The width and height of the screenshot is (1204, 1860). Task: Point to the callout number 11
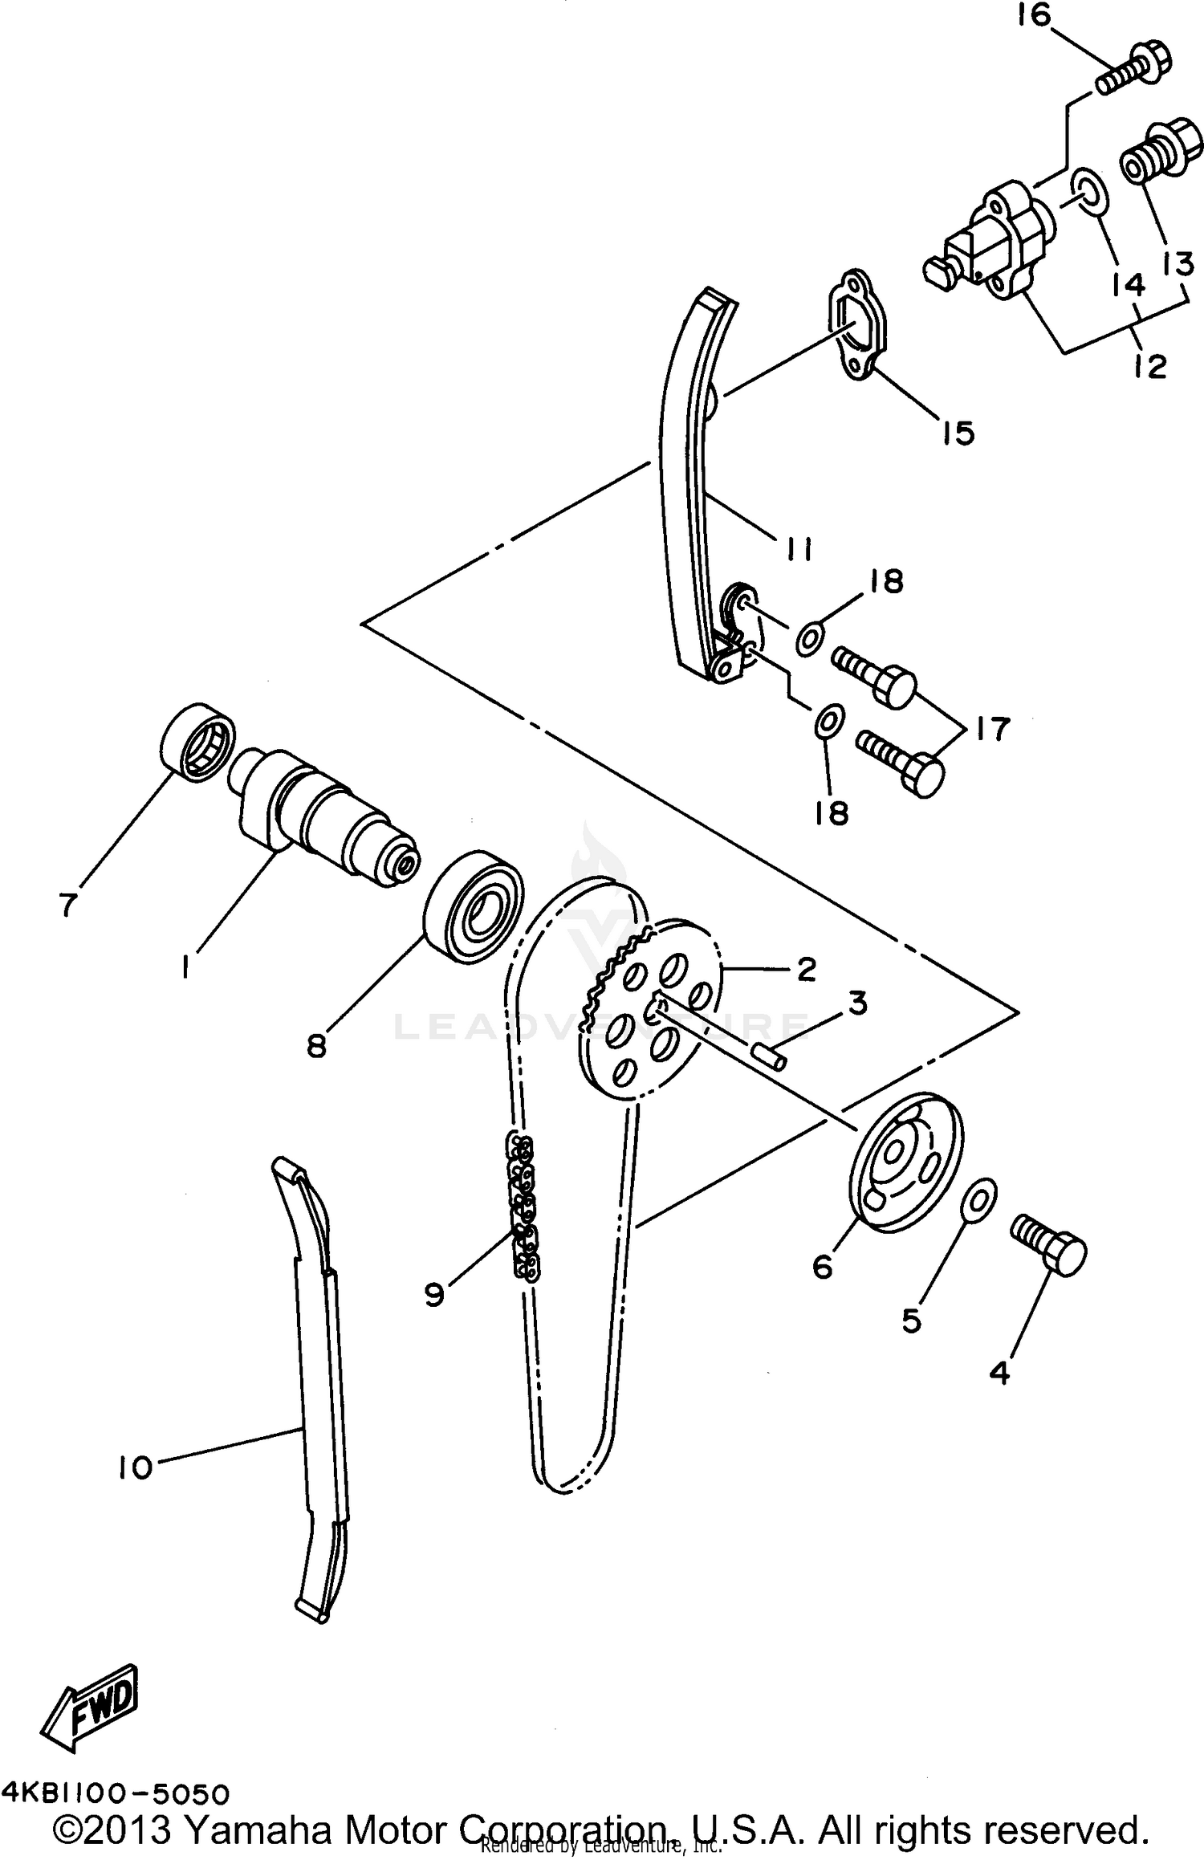point(797,549)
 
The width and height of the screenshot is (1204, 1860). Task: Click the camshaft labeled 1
point(325,812)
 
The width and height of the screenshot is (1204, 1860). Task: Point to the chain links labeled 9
point(523,1203)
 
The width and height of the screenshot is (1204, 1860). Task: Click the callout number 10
point(135,1467)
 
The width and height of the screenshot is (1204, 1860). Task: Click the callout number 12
point(1149,367)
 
